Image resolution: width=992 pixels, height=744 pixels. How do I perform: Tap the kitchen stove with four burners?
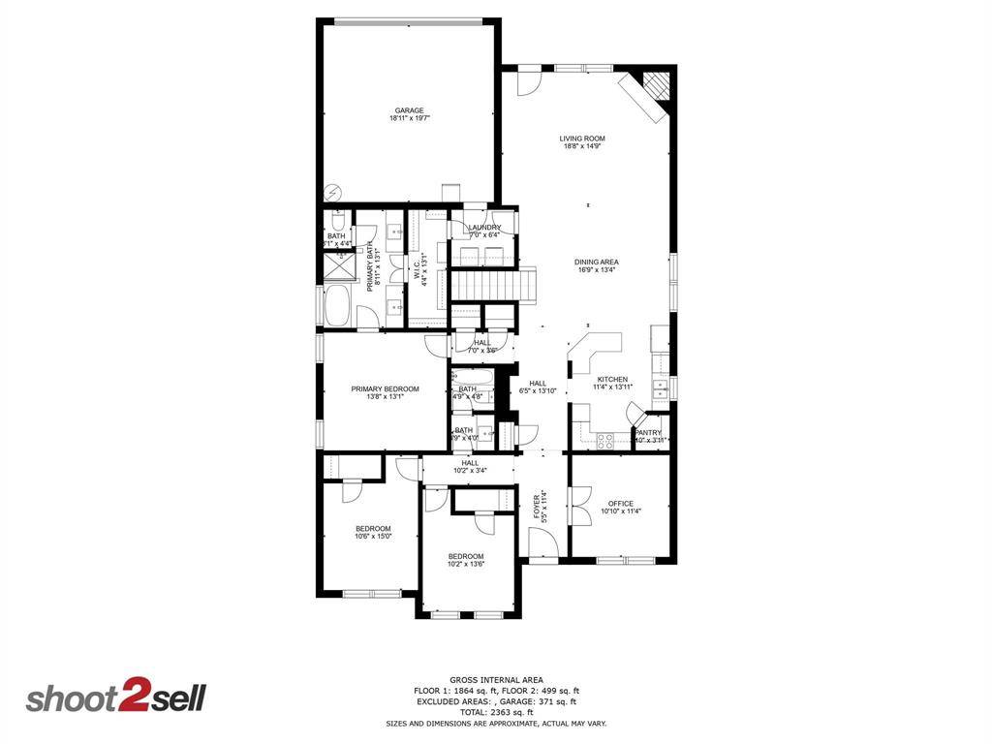[x=606, y=440]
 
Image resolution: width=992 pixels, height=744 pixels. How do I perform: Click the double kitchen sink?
[x=662, y=389]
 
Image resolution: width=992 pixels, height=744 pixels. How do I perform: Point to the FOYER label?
[x=540, y=507]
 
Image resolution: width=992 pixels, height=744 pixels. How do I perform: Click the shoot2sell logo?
[x=114, y=698]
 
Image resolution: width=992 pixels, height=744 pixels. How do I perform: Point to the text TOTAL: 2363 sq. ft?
[x=496, y=712]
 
